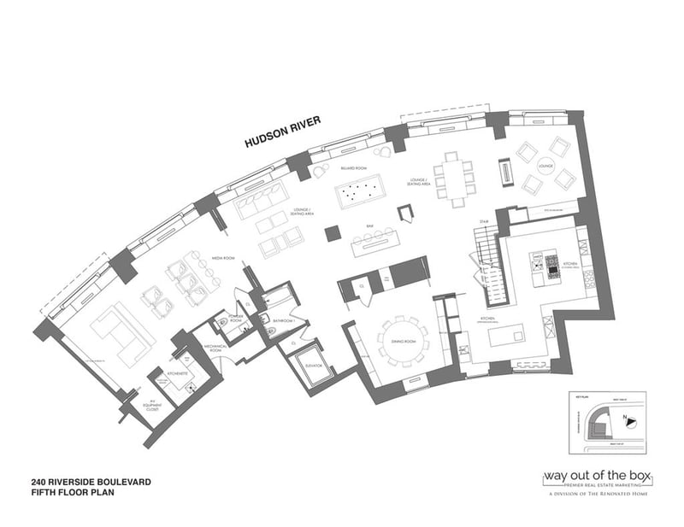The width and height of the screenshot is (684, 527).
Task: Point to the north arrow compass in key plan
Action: [x=630, y=419]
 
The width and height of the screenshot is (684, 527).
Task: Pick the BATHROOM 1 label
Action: [x=283, y=321]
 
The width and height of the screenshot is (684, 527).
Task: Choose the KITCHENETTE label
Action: [x=177, y=374]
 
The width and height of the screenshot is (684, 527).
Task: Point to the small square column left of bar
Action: [x=332, y=231]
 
